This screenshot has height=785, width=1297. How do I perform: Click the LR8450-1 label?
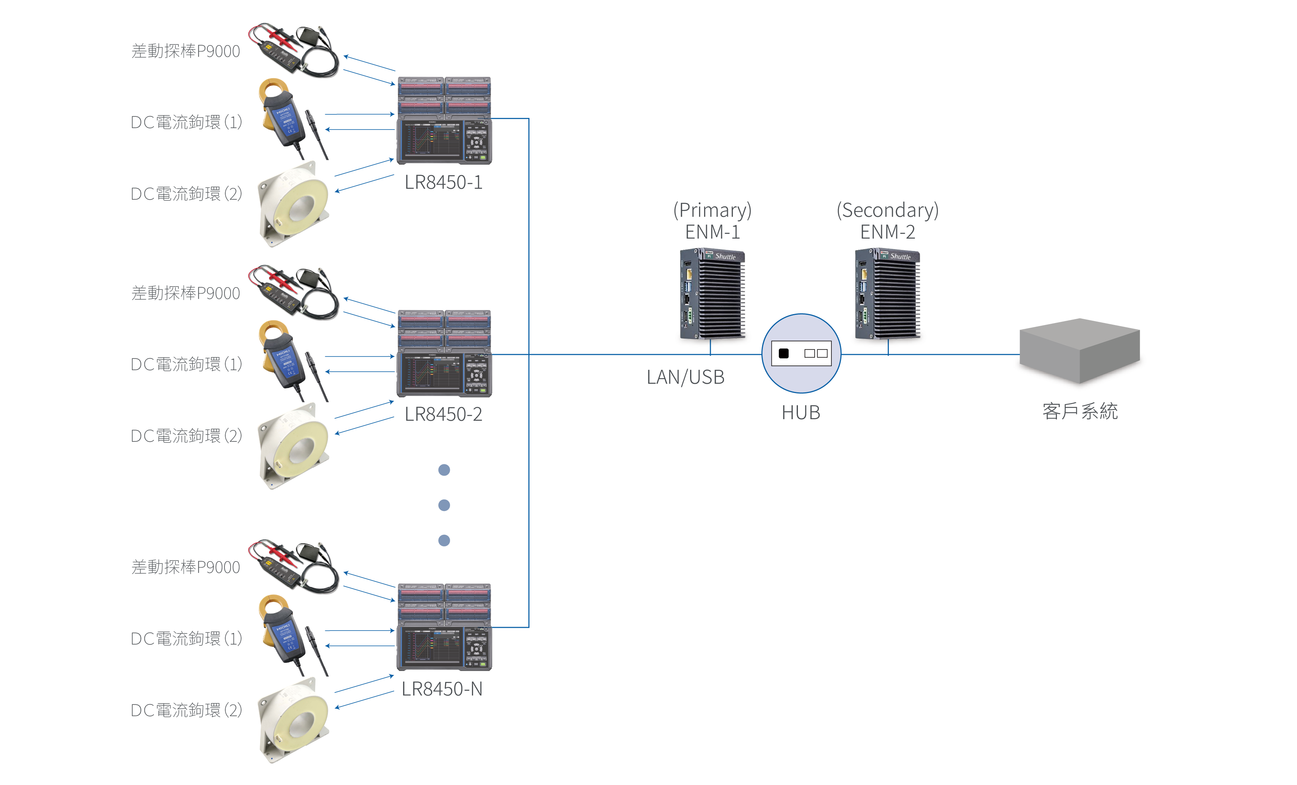[443, 182]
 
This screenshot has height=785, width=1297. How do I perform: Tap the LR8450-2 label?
[443, 414]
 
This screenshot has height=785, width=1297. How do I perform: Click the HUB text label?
[801, 412]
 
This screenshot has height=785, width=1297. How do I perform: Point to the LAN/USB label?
[685, 377]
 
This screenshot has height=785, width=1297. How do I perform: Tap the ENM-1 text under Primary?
[712, 232]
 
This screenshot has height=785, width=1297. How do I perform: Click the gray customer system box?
[1079, 350]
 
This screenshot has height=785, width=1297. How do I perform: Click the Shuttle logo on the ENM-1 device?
[726, 256]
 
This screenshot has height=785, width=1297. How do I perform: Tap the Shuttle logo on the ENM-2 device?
[900, 256]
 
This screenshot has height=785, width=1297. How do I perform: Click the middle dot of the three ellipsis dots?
[444, 505]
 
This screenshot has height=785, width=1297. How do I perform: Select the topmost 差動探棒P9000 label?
[185, 51]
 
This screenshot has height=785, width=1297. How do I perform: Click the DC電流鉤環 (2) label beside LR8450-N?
[186, 710]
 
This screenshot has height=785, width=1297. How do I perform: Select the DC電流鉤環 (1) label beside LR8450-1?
[186, 122]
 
